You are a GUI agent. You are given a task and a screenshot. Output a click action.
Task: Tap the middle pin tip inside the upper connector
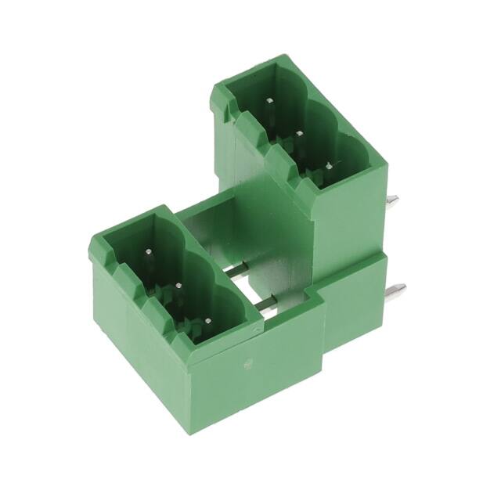299,134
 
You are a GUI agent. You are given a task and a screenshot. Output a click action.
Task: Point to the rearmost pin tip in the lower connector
149,252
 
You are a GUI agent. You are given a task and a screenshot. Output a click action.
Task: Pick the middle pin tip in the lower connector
179,286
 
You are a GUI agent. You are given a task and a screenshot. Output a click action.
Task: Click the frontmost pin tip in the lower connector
210,319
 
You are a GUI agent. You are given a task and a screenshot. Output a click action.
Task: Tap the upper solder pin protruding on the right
393,201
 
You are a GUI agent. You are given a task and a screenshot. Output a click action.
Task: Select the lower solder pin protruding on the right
397,291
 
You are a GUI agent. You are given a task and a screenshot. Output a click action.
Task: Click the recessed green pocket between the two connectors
235,227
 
